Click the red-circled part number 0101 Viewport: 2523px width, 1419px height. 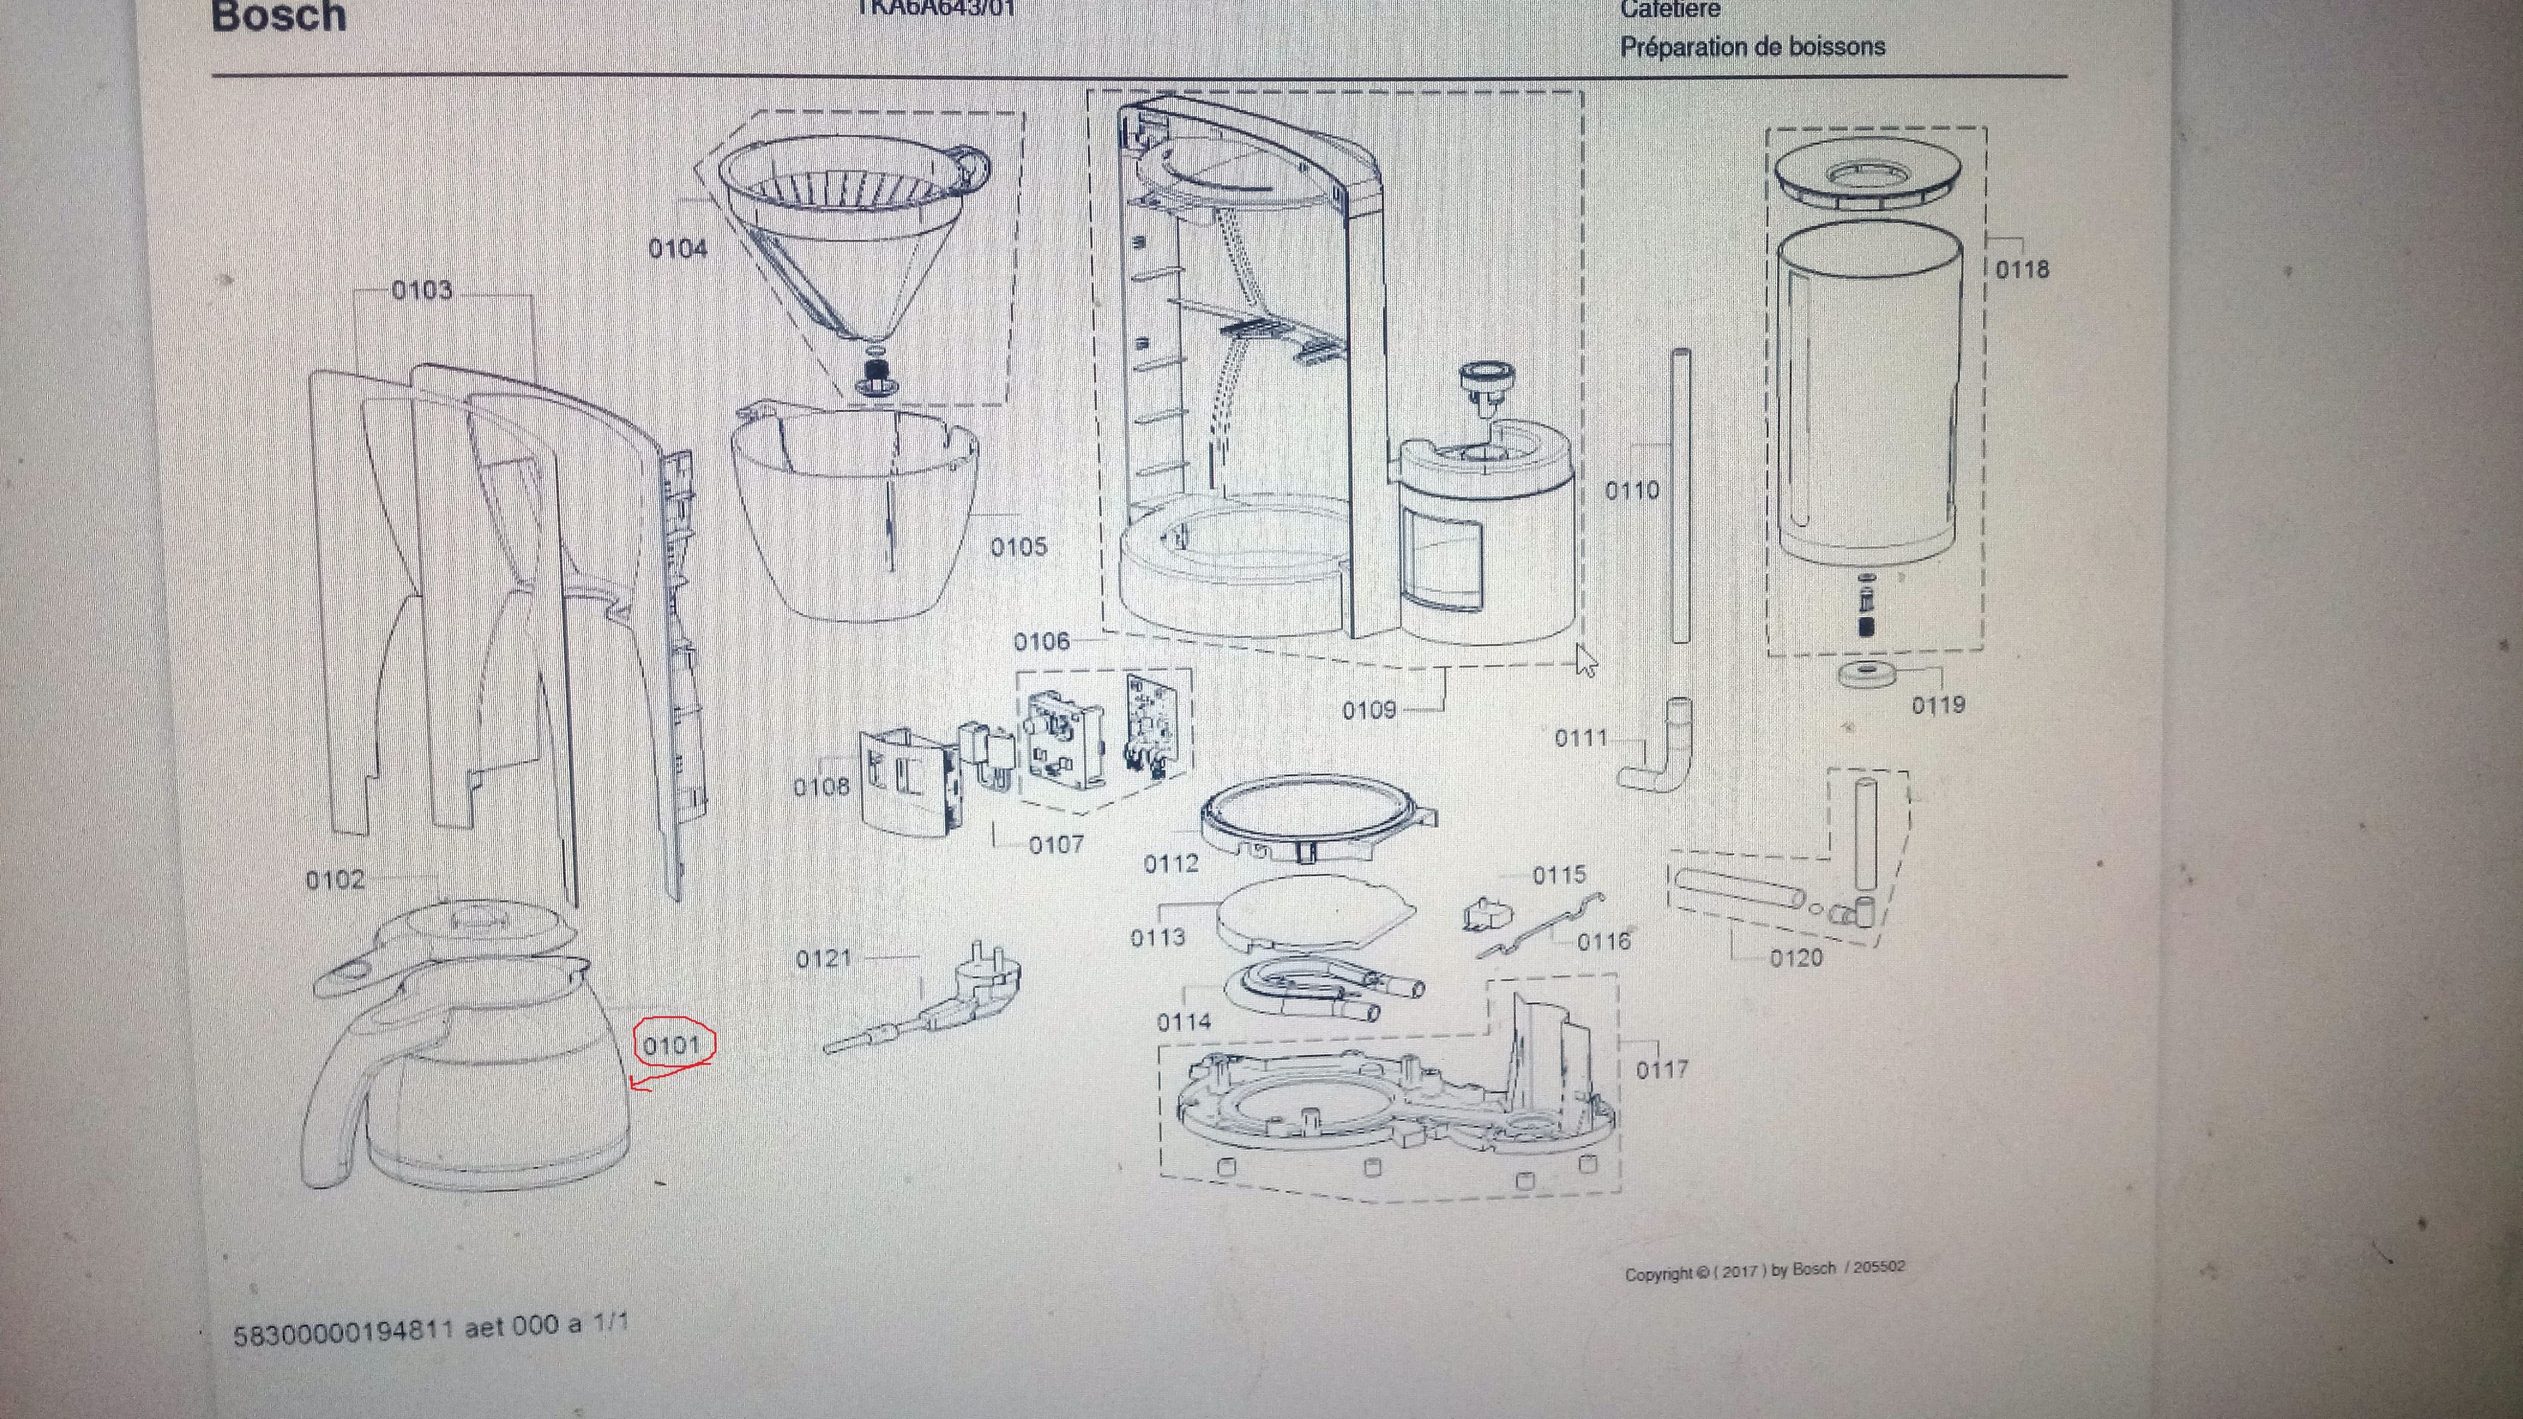point(672,1046)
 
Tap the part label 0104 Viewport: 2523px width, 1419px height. point(678,249)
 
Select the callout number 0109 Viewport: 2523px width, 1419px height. point(1368,710)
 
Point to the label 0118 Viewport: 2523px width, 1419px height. point(2022,269)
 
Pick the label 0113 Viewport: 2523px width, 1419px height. point(1157,938)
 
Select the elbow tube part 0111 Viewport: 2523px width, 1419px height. point(1660,754)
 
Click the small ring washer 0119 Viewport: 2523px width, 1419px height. point(1866,675)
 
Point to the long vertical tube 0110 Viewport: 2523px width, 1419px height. point(1681,495)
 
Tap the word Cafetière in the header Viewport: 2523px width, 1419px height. point(1670,10)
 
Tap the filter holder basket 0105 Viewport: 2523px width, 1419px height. point(857,514)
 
